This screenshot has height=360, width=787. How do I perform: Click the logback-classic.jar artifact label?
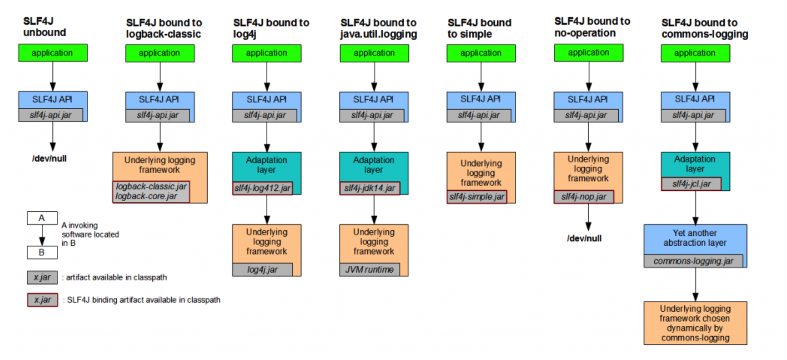[151, 187]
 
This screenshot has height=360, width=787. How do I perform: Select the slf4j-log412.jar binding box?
[262, 188]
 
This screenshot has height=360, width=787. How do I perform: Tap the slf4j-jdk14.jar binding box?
[370, 188]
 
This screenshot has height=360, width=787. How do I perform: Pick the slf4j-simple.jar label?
[477, 197]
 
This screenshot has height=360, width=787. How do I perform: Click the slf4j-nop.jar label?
[583, 197]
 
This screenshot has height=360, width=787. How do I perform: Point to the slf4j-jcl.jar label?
[691, 184]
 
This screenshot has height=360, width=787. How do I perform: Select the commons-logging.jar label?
[693, 261]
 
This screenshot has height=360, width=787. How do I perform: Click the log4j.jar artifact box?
[262, 270]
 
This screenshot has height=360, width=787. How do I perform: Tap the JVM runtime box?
[370, 270]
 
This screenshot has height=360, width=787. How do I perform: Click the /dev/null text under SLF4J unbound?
[49, 158]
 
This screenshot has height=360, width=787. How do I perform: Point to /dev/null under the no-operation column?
[584, 238]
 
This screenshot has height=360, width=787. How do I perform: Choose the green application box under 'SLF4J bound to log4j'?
[266, 53]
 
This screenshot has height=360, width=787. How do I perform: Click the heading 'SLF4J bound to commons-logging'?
[704, 28]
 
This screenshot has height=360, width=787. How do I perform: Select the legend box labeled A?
[42, 218]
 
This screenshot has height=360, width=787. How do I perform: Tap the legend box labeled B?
[42, 252]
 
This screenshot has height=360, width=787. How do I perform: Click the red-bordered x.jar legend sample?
[42, 300]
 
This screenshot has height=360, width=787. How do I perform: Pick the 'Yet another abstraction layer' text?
[695, 238]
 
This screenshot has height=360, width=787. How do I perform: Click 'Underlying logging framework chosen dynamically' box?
[695, 323]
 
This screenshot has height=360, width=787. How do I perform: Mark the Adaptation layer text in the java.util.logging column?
[373, 165]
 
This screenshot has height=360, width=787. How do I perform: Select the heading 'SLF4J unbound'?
[45, 27]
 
